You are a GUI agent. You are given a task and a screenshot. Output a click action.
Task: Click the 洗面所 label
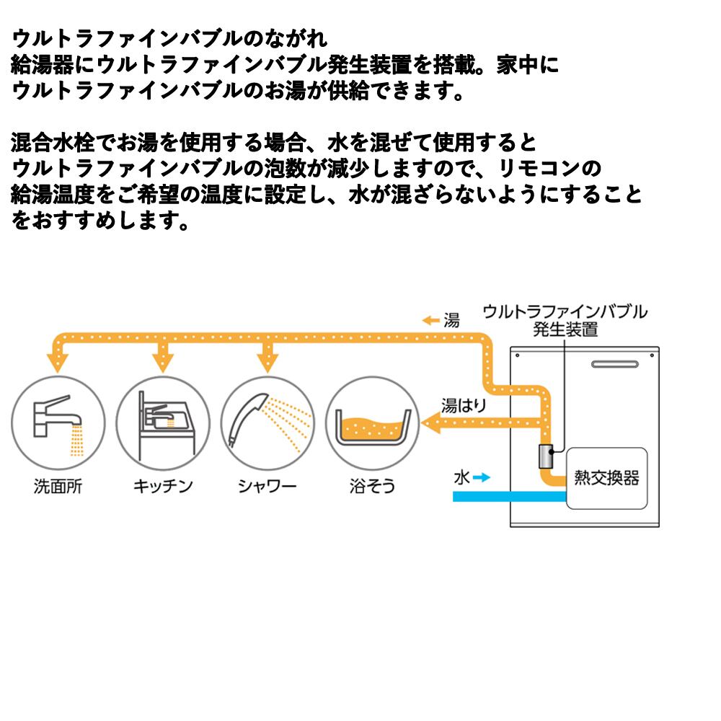(58, 486)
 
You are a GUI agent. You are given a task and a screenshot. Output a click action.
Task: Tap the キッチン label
(163, 486)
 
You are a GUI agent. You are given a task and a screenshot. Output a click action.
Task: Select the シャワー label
(267, 486)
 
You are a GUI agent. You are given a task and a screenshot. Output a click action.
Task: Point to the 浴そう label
(372, 486)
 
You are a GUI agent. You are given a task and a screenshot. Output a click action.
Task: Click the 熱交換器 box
(606, 478)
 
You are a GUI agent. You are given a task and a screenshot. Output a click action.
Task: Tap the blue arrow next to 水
(482, 477)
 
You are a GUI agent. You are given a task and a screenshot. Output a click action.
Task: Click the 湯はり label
(464, 405)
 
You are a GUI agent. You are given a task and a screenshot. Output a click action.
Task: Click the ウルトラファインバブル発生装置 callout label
(565, 321)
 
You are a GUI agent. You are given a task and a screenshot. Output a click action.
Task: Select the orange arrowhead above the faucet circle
(58, 358)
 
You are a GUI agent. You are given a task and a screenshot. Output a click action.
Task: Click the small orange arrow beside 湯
(431, 321)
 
